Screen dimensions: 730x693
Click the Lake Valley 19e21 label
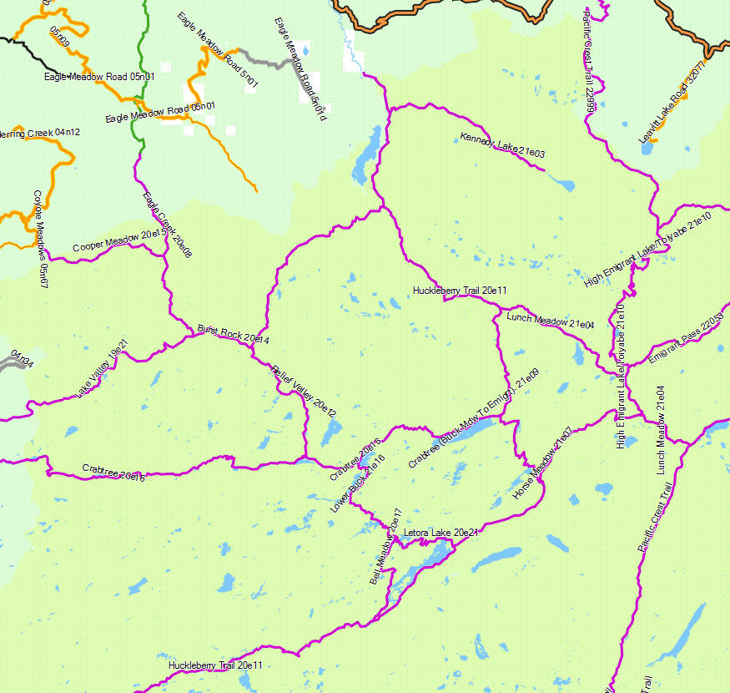pos(103,367)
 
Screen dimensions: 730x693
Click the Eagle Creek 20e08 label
pos(167,224)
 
